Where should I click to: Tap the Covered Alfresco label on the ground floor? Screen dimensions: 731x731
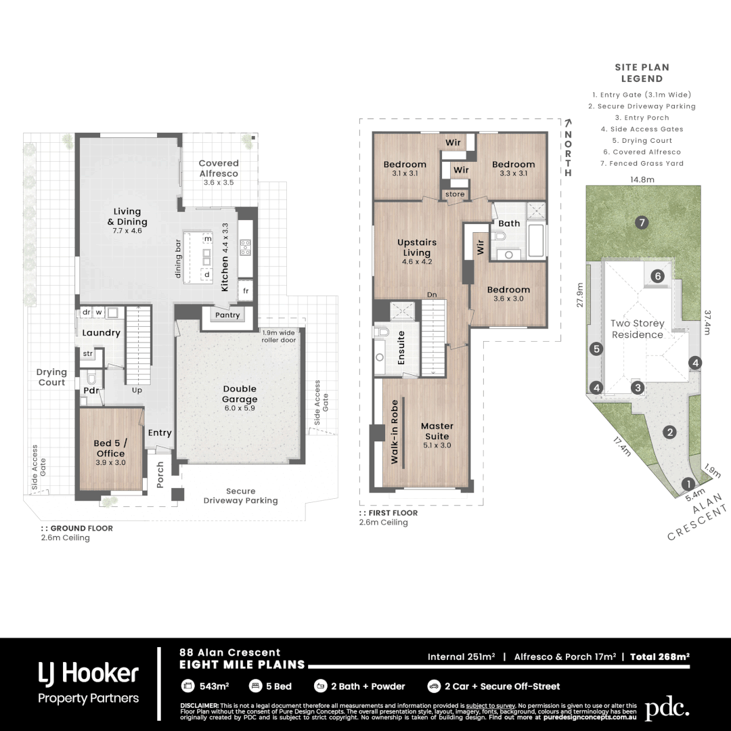pos(219,169)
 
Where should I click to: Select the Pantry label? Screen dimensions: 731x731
pos(227,315)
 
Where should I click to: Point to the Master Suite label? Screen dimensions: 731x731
pos(437,431)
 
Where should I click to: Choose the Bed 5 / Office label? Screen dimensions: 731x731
pos(110,449)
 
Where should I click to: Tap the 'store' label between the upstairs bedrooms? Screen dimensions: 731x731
pos(455,195)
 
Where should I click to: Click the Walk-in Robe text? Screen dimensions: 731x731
pos(394,432)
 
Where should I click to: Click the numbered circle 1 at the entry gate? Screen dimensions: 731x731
pos(688,483)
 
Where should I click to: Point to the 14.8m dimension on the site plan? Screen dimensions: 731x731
pos(642,180)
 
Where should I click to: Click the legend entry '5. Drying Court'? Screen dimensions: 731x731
pos(641,141)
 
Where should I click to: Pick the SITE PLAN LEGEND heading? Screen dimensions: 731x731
pos(642,73)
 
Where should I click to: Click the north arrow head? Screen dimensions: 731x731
pos(568,123)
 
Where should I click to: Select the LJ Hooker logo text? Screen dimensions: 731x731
pos(88,673)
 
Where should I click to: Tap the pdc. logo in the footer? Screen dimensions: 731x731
pos(666,709)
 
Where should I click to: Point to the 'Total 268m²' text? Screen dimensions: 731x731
pos(659,657)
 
